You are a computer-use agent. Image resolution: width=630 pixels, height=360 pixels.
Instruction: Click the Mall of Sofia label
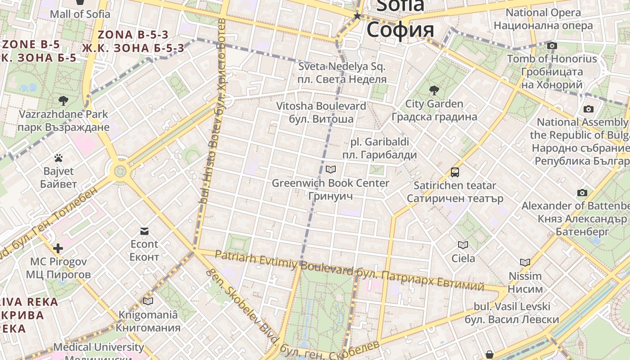(x=80, y=14)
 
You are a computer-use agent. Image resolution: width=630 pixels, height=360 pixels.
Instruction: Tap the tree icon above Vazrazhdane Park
(x=63, y=100)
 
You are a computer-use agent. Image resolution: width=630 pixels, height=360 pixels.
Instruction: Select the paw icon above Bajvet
(x=58, y=158)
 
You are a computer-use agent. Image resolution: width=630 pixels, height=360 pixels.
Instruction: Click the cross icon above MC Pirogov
(x=58, y=248)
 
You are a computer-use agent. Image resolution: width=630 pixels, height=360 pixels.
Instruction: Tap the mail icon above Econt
(x=144, y=231)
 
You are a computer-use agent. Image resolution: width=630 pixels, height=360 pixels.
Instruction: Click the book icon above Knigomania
(x=148, y=301)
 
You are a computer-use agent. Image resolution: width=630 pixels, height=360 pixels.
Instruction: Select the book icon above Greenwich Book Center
(x=331, y=170)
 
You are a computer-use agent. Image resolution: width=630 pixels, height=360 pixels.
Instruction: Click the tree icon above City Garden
(x=434, y=90)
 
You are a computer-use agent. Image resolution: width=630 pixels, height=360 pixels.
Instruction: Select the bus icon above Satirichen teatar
(x=455, y=172)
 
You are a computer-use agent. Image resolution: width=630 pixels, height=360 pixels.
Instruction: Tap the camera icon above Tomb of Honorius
(x=552, y=45)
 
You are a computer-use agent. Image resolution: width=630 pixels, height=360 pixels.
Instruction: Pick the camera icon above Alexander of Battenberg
(x=582, y=193)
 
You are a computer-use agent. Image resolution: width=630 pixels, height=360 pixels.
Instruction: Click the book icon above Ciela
(x=463, y=245)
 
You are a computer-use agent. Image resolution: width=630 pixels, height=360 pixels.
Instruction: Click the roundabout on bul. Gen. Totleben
(x=120, y=171)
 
